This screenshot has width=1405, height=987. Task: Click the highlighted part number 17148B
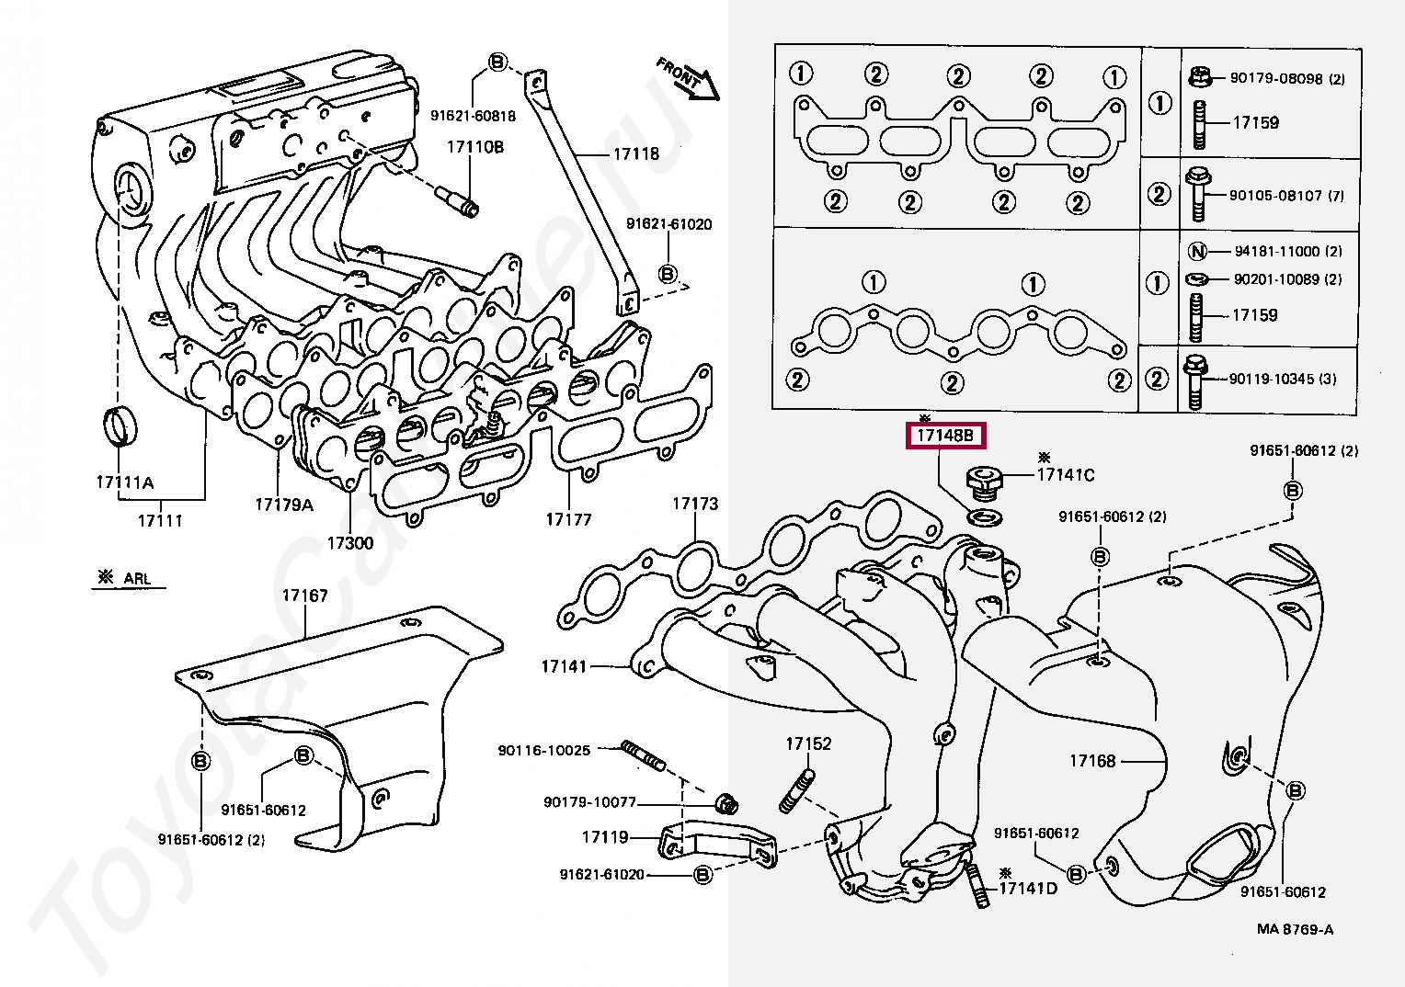coord(945,436)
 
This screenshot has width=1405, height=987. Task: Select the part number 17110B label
coord(475,147)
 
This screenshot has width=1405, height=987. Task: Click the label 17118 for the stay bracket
coord(636,153)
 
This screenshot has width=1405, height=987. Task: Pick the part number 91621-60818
coord(473,116)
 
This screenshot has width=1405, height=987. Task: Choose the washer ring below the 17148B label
coord(985,517)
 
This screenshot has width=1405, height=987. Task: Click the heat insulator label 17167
coord(304,596)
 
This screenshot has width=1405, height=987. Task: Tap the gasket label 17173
coord(694,504)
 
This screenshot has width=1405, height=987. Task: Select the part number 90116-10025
coord(543,750)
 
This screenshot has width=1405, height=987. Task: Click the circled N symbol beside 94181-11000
coord(1197,251)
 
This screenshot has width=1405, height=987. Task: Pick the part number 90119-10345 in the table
coord(1283,379)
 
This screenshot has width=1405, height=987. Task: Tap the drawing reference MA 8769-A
coord(1295,929)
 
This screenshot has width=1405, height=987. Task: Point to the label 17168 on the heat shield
coord(1091,761)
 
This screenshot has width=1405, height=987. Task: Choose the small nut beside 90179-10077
coord(727,803)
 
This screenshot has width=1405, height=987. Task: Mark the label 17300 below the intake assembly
coord(349,543)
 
